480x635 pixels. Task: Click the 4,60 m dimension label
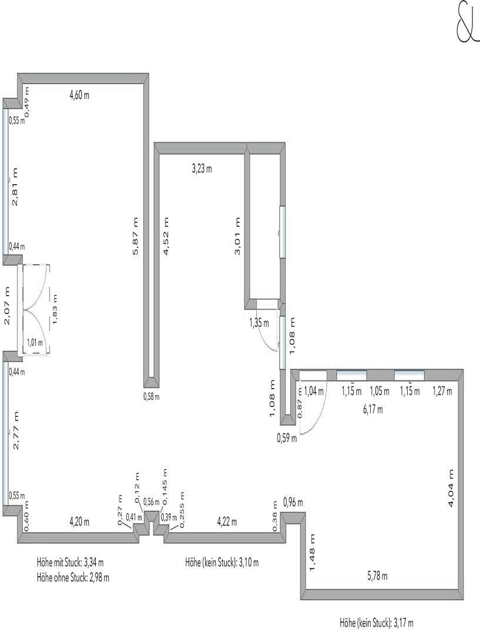[x=79, y=95]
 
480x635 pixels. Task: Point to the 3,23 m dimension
[x=202, y=169]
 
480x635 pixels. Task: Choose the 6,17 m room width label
[x=372, y=410]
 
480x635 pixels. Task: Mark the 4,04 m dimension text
[x=451, y=488]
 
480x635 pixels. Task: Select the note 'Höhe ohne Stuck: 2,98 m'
[x=73, y=577]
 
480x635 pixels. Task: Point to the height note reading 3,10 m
[x=221, y=563]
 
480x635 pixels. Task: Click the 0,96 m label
[x=293, y=502]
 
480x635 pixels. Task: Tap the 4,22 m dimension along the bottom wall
[x=227, y=521]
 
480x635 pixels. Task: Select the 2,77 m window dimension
[x=16, y=430]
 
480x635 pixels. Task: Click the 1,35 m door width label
[x=259, y=323]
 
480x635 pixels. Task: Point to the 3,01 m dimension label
[x=237, y=236]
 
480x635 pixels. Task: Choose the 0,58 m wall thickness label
[x=152, y=396]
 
